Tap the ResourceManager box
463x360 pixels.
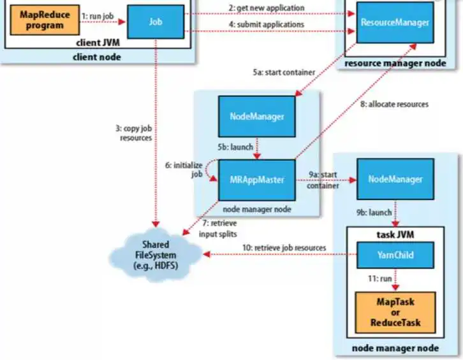pyautogui.click(x=394, y=22)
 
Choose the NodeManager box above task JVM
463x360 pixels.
pyautogui.click(x=395, y=179)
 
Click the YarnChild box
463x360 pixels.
pyautogui.click(x=395, y=255)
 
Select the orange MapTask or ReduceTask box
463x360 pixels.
pyautogui.click(x=395, y=312)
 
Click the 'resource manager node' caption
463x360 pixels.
pyautogui.click(x=393, y=64)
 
